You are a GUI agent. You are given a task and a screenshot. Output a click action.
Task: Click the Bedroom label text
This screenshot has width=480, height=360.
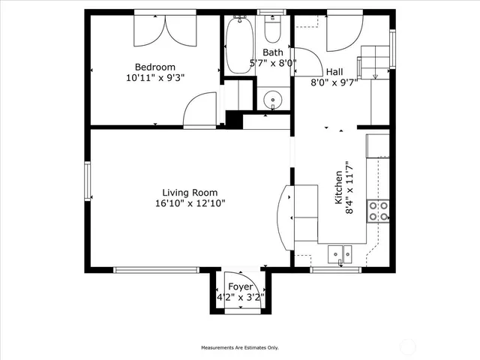tap(155, 65)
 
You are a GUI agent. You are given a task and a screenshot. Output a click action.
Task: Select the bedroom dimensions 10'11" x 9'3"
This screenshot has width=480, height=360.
tap(155, 76)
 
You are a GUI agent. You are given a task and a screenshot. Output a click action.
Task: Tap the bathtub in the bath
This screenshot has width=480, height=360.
tap(240, 45)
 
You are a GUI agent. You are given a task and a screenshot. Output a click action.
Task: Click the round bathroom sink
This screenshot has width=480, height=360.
tap(274, 98)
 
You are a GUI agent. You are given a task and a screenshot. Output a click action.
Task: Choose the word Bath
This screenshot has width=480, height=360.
tap(272, 52)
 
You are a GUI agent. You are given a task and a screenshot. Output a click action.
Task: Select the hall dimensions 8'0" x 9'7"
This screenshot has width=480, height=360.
tap(334, 82)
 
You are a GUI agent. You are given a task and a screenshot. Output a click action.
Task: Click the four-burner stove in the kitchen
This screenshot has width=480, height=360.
tap(378, 211)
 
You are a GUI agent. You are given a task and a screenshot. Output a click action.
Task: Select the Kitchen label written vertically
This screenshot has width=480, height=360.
tap(338, 187)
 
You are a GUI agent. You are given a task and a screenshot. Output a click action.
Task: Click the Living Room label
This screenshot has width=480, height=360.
tap(190, 192)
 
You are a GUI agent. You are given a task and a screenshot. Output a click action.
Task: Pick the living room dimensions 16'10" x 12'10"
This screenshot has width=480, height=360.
tap(190, 202)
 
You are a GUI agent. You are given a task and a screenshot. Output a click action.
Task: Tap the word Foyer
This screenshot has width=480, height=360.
tap(240, 287)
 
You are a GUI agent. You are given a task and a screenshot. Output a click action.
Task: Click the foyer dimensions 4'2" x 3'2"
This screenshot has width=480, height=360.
tap(240, 297)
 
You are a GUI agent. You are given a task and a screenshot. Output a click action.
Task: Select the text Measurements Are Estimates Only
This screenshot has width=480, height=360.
tap(239, 348)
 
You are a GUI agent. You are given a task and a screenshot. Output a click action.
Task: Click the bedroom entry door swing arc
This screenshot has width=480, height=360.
tap(201, 109)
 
